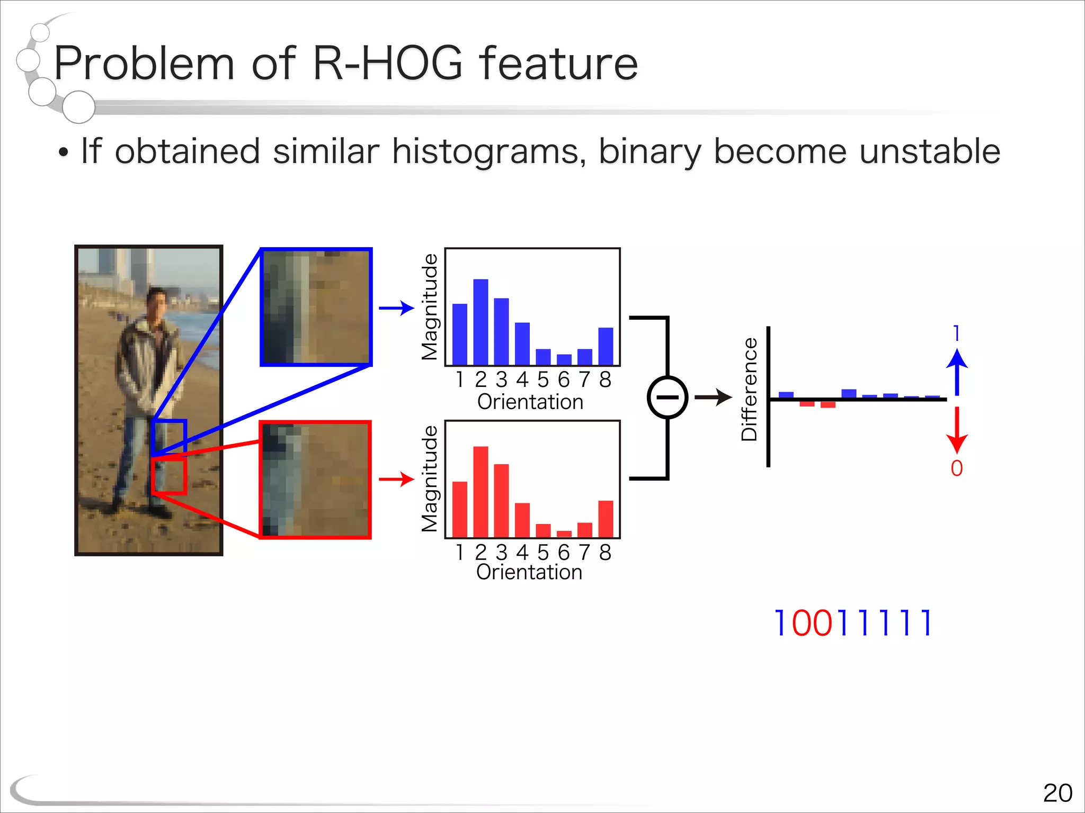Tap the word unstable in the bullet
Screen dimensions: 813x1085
point(929,151)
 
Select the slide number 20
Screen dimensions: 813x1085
point(1057,793)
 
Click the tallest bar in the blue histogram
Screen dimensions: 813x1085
point(481,321)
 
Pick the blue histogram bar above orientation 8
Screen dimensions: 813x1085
point(606,346)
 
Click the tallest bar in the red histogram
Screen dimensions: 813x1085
point(481,492)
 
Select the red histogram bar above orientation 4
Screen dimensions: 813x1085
point(522,520)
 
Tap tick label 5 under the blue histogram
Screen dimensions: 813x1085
point(543,380)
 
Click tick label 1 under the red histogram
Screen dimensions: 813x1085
point(460,553)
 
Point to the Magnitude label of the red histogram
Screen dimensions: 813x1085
point(430,479)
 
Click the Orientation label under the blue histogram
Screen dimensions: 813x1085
point(530,402)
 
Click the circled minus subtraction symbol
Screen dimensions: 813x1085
point(668,397)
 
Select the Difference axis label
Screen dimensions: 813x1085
point(749,389)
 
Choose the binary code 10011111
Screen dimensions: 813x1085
point(852,623)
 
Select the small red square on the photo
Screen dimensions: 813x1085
point(169,476)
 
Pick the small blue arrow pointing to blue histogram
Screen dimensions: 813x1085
point(396,308)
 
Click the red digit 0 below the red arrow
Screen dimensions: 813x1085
point(957,468)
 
